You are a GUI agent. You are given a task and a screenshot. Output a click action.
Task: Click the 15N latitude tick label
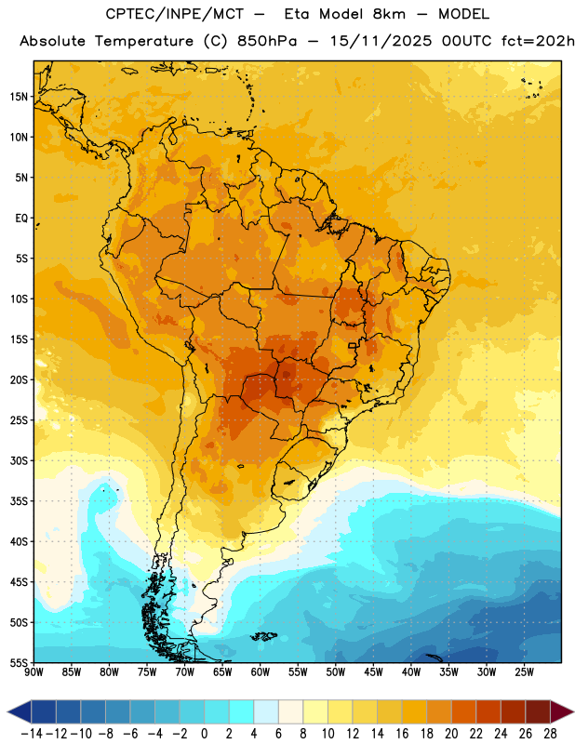[x=19, y=97]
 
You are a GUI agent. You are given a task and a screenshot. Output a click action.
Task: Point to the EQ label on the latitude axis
[x=21, y=219]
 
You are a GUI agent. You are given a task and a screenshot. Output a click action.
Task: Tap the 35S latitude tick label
[x=19, y=501]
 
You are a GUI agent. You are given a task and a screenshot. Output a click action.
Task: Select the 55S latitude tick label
[x=19, y=662]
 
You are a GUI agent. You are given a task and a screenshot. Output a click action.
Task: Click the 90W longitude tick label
[x=33, y=672]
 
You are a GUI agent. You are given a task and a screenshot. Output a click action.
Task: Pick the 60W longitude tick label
[x=261, y=672]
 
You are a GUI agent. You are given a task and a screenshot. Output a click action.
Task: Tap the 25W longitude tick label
[x=524, y=672]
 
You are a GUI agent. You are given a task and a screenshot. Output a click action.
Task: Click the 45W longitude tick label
[x=373, y=672]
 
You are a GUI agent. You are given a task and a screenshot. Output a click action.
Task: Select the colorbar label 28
[x=550, y=734]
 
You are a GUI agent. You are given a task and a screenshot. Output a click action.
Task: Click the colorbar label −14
[x=32, y=734]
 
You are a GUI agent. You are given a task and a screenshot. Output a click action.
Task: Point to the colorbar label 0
[x=205, y=734]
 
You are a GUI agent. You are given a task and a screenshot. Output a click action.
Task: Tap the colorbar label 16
[x=402, y=734]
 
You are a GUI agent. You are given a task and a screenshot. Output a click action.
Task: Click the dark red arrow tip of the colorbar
[x=572, y=711]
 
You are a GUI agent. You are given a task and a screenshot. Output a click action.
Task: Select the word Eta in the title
[x=297, y=14]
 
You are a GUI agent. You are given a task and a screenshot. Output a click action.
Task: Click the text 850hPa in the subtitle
[x=267, y=41]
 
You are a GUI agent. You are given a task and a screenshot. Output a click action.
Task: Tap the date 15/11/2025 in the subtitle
[x=381, y=41]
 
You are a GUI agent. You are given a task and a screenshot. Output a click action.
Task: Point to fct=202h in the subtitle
[x=538, y=41]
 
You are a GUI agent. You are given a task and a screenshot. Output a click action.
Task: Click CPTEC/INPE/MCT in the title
[x=175, y=14]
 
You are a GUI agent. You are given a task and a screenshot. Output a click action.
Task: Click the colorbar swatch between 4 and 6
[x=266, y=711]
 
